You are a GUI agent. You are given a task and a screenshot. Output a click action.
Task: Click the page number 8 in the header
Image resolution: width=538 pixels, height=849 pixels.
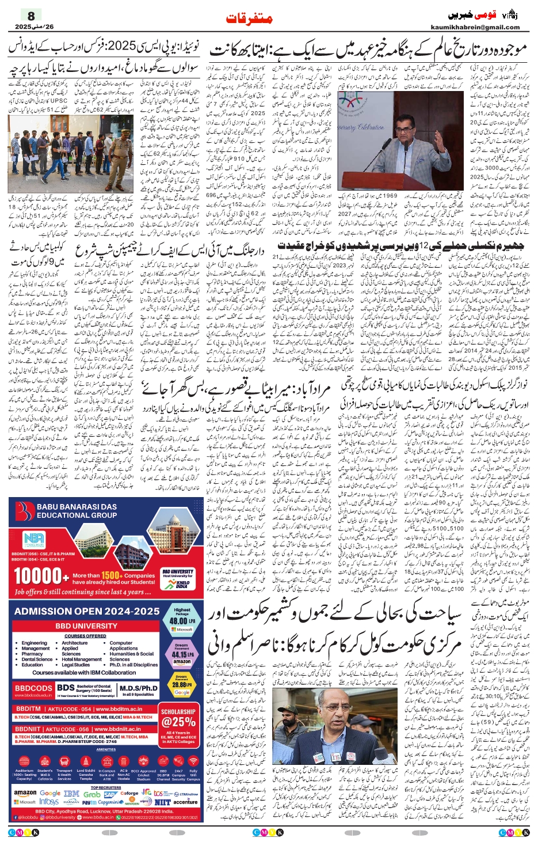(31, 16)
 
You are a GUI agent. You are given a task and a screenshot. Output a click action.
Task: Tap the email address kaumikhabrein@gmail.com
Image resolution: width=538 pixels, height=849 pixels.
(475, 27)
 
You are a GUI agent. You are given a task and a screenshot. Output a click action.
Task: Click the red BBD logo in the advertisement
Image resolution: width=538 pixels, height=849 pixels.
(25, 511)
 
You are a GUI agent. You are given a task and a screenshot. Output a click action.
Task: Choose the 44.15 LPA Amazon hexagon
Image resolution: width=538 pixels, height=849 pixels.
(182, 654)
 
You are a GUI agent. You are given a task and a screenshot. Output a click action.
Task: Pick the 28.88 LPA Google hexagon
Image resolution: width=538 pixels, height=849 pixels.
(182, 685)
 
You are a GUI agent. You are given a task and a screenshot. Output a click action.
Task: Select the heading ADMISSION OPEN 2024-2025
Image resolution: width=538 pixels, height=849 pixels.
(87, 611)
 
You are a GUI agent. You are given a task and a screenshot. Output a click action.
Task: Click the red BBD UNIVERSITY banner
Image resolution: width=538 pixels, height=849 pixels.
(86, 626)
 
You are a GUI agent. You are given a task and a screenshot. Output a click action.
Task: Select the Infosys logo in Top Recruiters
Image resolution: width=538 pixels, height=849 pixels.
(49, 802)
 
